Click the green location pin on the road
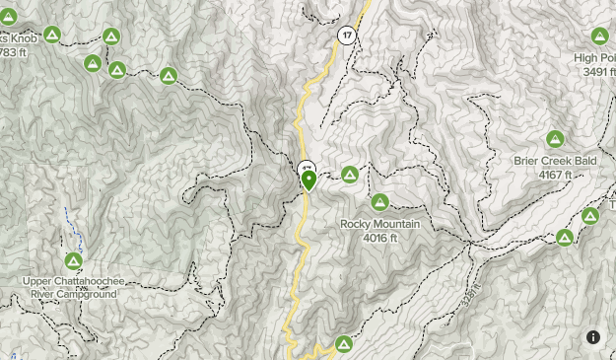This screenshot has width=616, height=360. pyautogui.click(x=308, y=180)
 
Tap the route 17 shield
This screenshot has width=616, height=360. pyautogui.click(x=346, y=35)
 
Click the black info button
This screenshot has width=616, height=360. pyautogui.click(x=593, y=336)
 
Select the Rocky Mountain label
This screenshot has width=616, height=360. pyautogui.click(x=380, y=224)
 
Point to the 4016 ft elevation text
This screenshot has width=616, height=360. pyautogui.click(x=379, y=238)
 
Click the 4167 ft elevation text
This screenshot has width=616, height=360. pyautogui.click(x=555, y=175)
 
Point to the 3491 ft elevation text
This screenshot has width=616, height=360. pyautogui.click(x=598, y=71)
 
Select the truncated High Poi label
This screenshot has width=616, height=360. pyautogui.click(x=595, y=57)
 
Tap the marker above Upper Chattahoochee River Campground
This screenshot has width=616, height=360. pyautogui.click(x=73, y=261)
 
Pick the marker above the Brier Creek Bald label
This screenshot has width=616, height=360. pyautogui.click(x=555, y=139)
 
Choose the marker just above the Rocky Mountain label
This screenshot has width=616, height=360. pyautogui.click(x=379, y=202)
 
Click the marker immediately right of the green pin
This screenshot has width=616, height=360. pyautogui.click(x=349, y=175)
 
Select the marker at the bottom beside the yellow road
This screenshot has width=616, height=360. pyautogui.click(x=343, y=344)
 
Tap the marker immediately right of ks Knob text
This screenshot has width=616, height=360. pyautogui.click(x=52, y=36)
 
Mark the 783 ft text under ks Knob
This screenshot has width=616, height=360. pyautogui.click(x=13, y=51)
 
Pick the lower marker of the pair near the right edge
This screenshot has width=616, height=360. pyautogui.click(x=565, y=238)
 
